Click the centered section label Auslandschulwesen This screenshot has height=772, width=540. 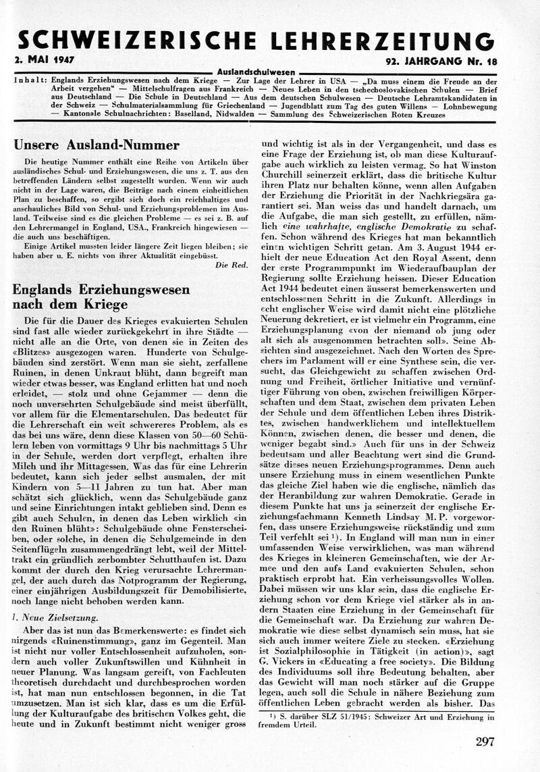tap(256, 71)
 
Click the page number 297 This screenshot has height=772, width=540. tap(485, 742)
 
